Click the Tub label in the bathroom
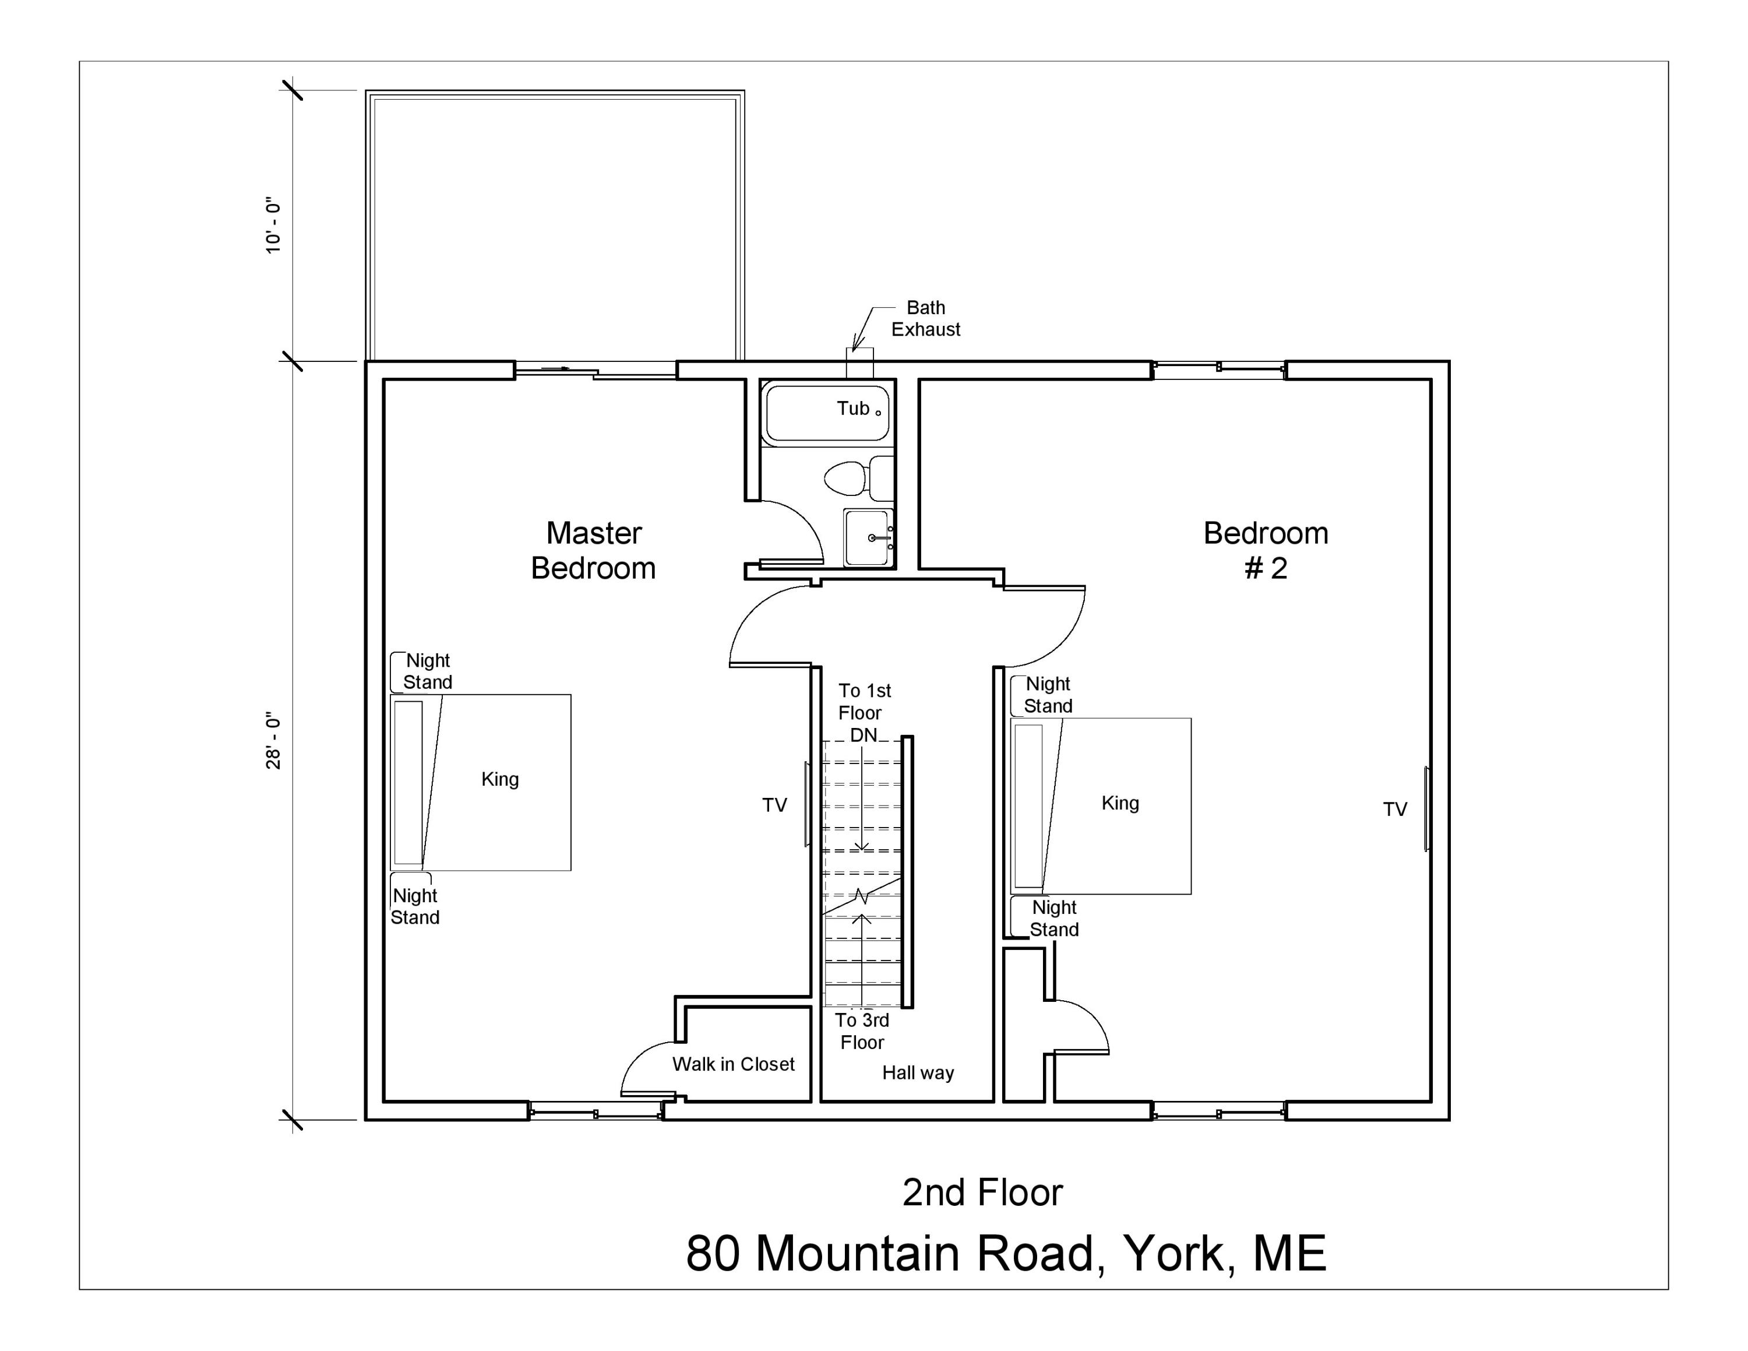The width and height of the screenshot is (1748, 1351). [853, 408]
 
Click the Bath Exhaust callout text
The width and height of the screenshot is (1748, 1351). [925, 319]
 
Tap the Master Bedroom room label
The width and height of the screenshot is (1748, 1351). [593, 551]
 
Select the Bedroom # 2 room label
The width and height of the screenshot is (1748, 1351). [1266, 551]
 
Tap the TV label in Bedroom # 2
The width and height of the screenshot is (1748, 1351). [1395, 809]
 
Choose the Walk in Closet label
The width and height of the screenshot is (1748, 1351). [733, 1064]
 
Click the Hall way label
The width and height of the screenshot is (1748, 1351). [918, 1072]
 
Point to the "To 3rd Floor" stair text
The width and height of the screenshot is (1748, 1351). [862, 1031]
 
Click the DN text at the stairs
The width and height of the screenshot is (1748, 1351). [863, 735]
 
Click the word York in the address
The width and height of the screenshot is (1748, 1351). [1173, 1253]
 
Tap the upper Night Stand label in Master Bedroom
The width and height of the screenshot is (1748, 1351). [428, 671]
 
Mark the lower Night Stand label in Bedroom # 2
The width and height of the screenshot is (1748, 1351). [1054, 918]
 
